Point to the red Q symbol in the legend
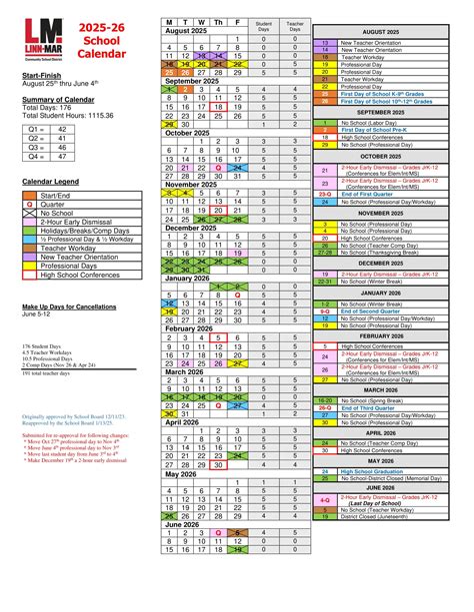point(29,204)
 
